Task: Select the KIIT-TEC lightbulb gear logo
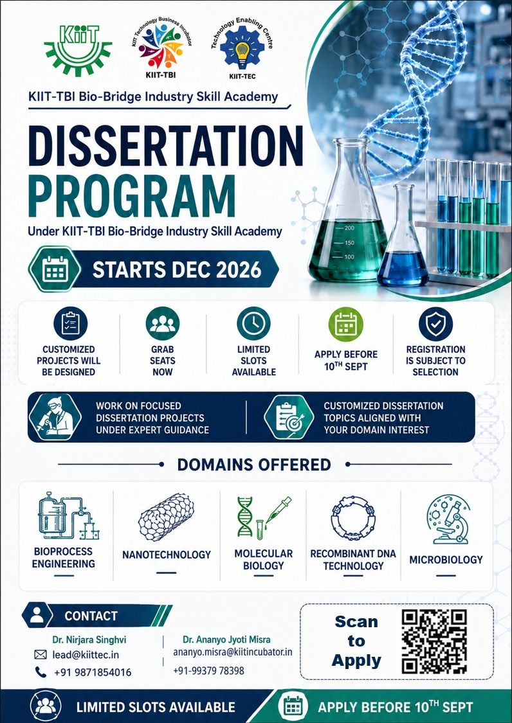pyautogui.click(x=242, y=49)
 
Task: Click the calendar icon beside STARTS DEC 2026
pyautogui.click(x=55, y=269)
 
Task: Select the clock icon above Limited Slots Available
pyautogui.click(x=253, y=323)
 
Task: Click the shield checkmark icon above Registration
pyautogui.click(x=435, y=324)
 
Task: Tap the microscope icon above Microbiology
pyautogui.click(x=447, y=519)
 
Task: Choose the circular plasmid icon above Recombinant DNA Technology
pyautogui.click(x=352, y=518)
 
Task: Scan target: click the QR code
pyautogui.click(x=434, y=641)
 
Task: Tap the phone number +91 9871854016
pyautogui.click(x=93, y=673)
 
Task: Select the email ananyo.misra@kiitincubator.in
pyautogui.click(x=233, y=653)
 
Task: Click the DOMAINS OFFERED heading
pyautogui.click(x=254, y=464)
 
